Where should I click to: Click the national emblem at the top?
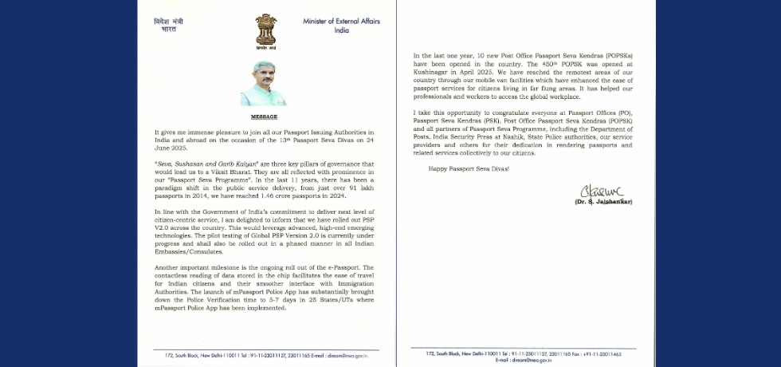(265, 30)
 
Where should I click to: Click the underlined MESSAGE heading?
(264, 116)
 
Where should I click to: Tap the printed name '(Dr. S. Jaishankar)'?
(603, 202)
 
